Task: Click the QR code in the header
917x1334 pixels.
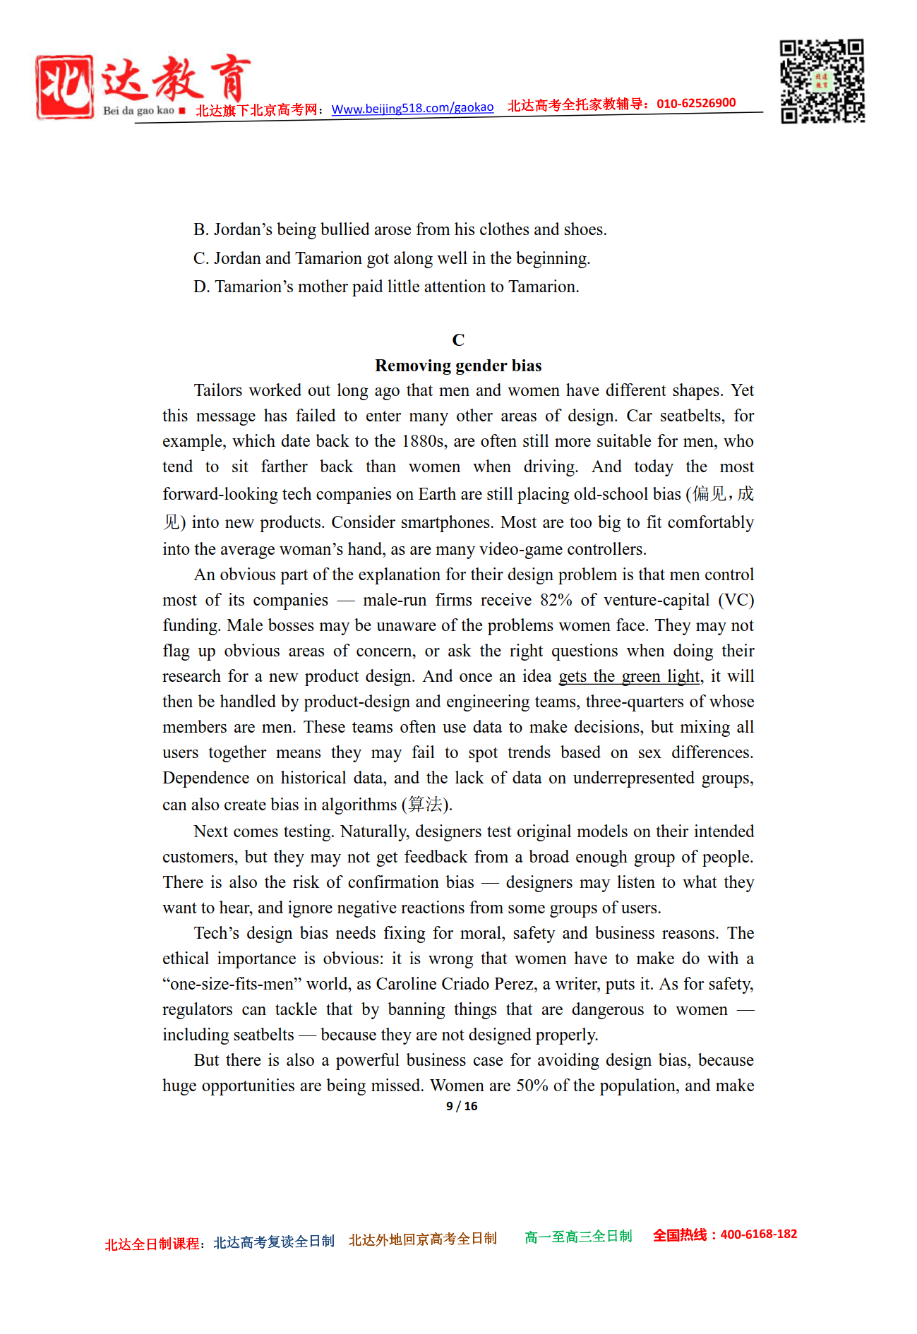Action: click(822, 81)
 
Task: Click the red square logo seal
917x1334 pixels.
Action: click(64, 87)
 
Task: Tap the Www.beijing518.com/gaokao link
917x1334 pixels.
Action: click(412, 108)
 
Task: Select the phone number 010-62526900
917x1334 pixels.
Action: click(696, 103)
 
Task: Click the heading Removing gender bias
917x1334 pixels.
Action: click(458, 366)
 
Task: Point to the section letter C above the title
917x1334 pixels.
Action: click(458, 340)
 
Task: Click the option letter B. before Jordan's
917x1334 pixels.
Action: click(201, 230)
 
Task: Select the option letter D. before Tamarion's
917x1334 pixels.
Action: click(201, 287)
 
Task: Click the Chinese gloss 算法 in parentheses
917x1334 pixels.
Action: click(425, 805)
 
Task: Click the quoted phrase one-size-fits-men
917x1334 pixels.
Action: click(232, 984)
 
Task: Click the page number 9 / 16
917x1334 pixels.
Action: click(462, 1106)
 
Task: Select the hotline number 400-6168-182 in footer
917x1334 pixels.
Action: click(758, 1234)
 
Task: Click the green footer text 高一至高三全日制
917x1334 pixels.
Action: click(578, 1237)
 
